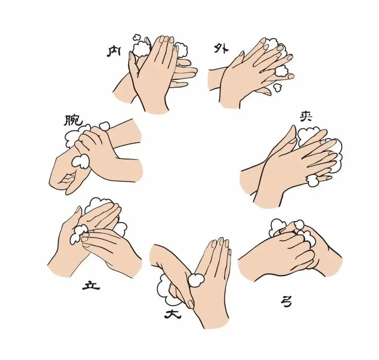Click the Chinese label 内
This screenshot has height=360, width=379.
click(114, 52)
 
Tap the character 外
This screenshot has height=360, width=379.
click(220, 49)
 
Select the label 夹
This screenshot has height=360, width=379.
click(306, 117)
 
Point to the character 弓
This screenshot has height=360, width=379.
click(286, 302)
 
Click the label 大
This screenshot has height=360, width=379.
click(172, 315)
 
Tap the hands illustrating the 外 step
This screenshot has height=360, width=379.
click(251, 73)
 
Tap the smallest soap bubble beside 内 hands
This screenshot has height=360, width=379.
click(137, 38)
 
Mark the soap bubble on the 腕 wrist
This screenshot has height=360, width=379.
click(80, 161)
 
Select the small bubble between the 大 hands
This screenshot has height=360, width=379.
click(195, 280)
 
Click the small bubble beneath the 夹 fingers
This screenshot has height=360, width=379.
click(312, 181)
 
